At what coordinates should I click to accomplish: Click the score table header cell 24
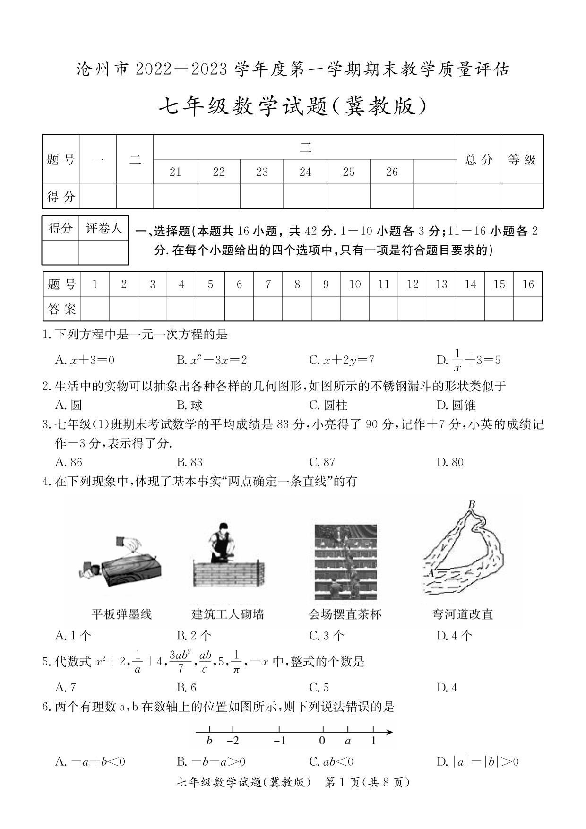(x=305, y=172)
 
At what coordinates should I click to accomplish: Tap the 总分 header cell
(x=478, y=159)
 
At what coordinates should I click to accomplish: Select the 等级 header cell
(x=522, y=159)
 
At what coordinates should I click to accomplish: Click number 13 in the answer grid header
(x=441, y=284)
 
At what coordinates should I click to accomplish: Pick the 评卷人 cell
(x=103, y=229)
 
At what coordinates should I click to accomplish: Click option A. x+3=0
(x=85, y=360)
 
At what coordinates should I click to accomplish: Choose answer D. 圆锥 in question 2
(x=456, y=405)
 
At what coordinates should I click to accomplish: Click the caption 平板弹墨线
(x=121, y=614)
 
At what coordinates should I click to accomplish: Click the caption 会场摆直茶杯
(x=345, y=614)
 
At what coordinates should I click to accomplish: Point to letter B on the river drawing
(x=471, y=504)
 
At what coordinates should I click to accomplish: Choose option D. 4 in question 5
(x=447, y=687)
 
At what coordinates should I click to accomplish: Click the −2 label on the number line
(x=233, y=740)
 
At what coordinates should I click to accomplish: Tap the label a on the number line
(x=348, y=740)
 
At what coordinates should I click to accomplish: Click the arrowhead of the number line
(x=389, y=732)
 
